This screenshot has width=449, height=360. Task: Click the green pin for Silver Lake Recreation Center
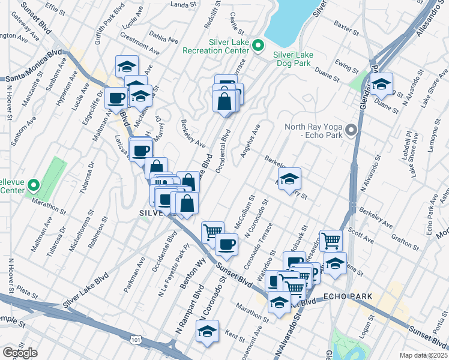(x=258, y=44)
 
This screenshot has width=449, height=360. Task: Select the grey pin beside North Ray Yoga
(x=351, y=130)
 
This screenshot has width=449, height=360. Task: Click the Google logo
(x=20, y=353)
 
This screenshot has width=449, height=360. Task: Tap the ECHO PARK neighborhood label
(x=348, y=297)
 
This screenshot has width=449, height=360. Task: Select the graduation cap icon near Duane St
(x=381, y=84)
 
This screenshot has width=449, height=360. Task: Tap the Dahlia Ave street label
(x=164, y=37)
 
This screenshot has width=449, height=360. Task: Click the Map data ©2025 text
(x=424, y=355)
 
